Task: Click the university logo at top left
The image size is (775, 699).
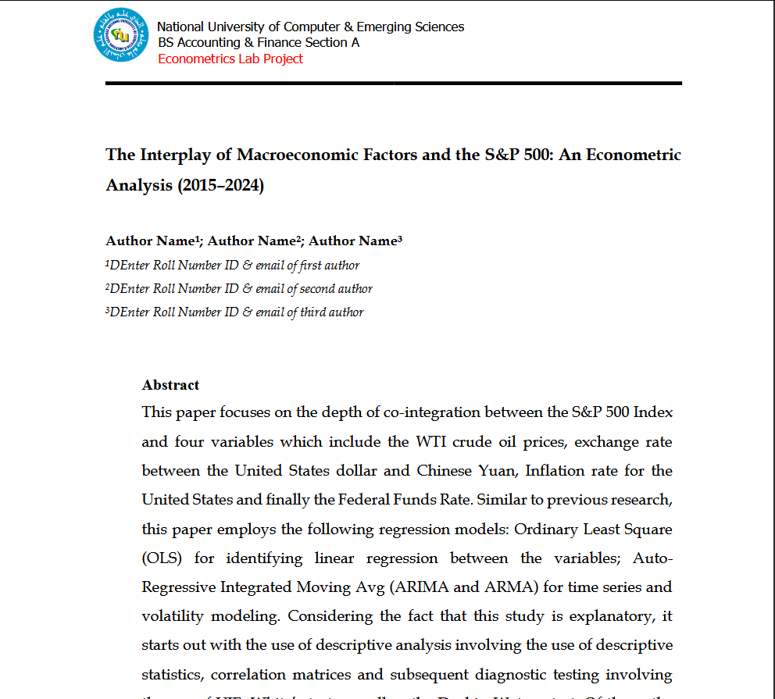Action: (x=120, y=35)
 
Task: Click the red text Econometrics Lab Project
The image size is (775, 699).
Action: (x=230, y=59)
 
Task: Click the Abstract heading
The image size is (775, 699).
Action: (x=170, y=385)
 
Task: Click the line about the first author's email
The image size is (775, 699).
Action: (x=233, y=266)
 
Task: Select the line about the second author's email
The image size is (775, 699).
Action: (x=239, y=289)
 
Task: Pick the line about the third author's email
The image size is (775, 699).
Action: (x=234, y=312)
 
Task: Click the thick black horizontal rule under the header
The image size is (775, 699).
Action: (x=394, y=83)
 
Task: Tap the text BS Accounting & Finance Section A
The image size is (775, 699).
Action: (x=259, y=43)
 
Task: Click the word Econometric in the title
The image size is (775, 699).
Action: (x=634, y=155)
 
